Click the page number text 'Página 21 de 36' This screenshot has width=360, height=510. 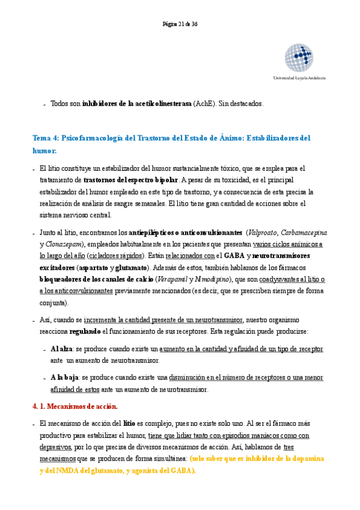tap(180, 24)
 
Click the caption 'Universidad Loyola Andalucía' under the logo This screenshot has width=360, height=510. tap(299, 78)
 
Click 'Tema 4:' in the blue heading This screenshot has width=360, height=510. tap(46, 138)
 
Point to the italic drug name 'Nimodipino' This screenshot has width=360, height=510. tap(212, 279)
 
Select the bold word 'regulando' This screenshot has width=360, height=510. tap(86, 331)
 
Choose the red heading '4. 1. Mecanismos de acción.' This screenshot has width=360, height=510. tap(75, 407)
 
